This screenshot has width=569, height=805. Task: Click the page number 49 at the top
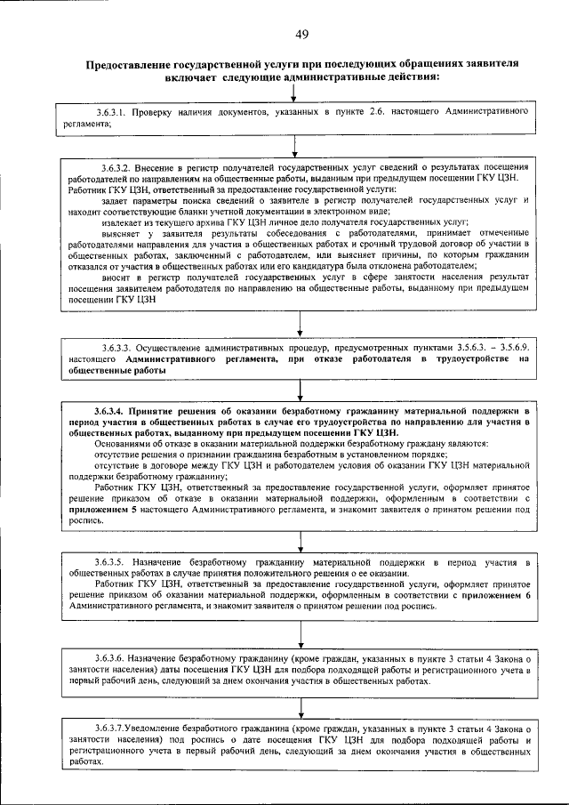coord(302,34)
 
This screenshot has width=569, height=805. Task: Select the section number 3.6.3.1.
coord(111,115)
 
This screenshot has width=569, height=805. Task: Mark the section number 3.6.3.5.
coord(110,564)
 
